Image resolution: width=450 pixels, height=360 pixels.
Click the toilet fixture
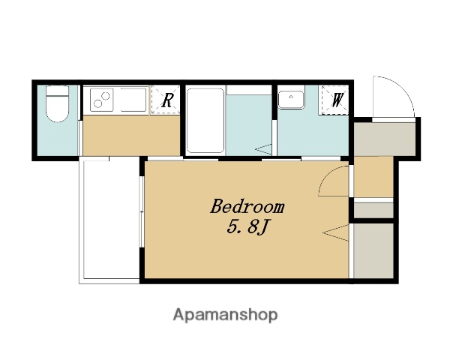point(58,103)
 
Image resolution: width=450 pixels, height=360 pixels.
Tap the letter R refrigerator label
point(167,100)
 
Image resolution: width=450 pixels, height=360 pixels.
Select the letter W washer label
point(337,100)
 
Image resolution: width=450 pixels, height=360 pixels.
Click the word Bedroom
point(247,206)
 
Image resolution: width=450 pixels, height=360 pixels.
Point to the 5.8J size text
point(247,228)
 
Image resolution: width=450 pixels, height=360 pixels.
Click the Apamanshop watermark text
point(225,315)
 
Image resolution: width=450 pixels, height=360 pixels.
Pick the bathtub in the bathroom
point(205,121)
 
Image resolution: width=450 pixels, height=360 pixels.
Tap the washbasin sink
point(291,100)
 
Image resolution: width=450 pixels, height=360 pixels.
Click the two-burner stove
point(102,100)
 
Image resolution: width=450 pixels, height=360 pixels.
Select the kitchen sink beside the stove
point(133,100)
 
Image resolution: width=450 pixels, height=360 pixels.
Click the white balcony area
point(110,220)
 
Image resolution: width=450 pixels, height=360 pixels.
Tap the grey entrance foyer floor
point(385,139)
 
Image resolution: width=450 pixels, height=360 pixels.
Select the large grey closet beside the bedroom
point(373,251)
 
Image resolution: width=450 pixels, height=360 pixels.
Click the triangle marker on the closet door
point(336,232)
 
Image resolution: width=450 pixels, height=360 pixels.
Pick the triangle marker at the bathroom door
point(263,149)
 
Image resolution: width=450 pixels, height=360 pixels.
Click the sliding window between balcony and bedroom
point(141,211)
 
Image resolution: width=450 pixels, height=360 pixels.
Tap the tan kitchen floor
point(131,136)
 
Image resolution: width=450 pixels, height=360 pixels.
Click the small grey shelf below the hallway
point(373,211)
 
